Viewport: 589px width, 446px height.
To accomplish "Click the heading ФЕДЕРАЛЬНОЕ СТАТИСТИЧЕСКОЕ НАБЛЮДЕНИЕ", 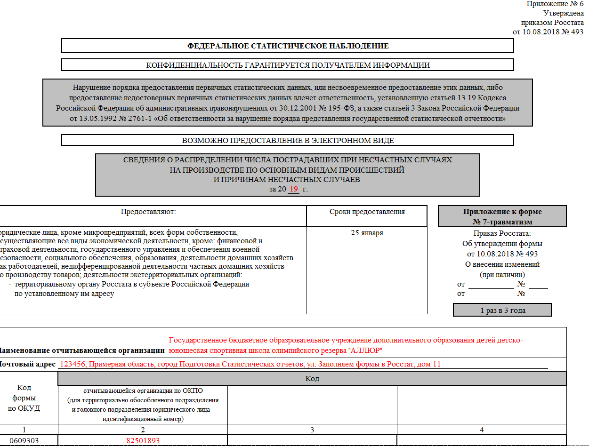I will [288, 46].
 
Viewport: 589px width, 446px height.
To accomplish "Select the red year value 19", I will [294, 189].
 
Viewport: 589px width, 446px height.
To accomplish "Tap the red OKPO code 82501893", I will [143, 440].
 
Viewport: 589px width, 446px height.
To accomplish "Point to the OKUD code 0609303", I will [24, 440].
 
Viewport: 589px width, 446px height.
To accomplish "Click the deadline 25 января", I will [367, 233].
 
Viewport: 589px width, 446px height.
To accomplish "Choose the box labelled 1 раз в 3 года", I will [502, 311].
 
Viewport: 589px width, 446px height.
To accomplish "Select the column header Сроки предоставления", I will [367, 212].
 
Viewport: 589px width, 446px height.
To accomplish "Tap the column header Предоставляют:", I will [148, 212].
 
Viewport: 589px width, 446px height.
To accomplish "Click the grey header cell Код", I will [312, 378].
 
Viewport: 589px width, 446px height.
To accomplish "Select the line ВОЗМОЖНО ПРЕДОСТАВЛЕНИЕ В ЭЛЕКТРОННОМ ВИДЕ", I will [288, 140].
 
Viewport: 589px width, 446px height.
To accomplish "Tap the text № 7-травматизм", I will [502, 222].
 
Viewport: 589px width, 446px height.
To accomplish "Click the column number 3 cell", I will [312, 430].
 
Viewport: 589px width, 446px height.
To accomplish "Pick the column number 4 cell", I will [481, 430].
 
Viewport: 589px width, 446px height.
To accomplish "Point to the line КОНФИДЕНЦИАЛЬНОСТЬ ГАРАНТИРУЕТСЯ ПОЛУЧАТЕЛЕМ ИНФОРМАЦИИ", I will [288, 65].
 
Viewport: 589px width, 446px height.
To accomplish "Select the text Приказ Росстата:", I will [502, 233].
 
